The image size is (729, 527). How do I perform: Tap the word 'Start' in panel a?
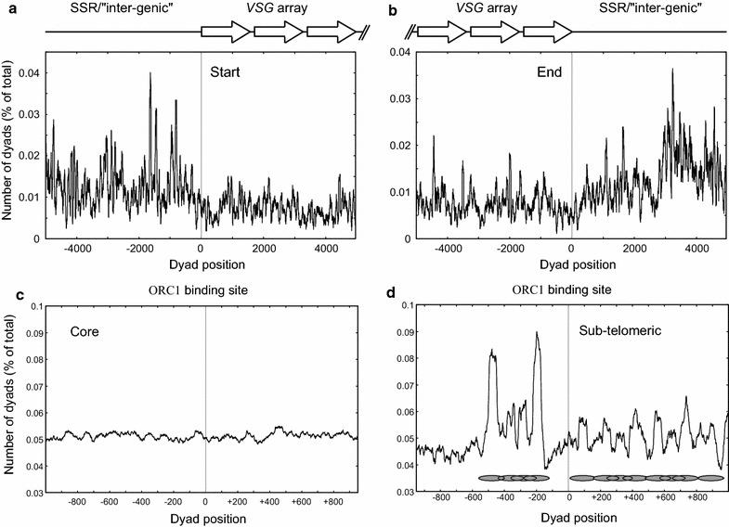[x=225, y=69]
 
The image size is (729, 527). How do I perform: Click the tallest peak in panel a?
[x=150, y=74]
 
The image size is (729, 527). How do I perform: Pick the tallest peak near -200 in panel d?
[x=537, y=333]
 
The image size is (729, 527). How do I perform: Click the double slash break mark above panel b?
[x=410, y=32]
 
